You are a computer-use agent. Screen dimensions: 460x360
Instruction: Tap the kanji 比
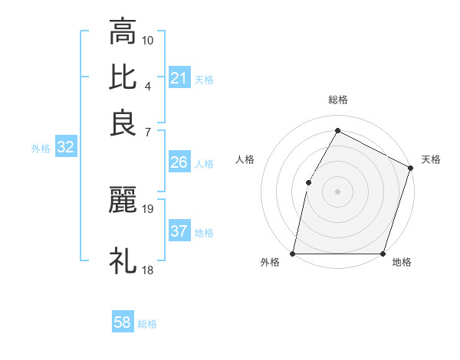[x=123, y=77]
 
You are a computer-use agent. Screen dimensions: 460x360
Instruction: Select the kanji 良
[x=123, y=123]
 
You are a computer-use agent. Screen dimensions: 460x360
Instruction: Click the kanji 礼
[x=123, y=261]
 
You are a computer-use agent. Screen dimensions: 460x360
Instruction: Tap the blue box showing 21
[x=179, y=78]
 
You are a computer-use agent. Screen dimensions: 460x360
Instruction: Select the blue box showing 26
[x=179, y=163]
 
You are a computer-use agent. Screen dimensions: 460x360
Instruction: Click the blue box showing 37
[x=179, y=231]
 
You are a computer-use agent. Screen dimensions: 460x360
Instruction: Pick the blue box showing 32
[x=65, y=149]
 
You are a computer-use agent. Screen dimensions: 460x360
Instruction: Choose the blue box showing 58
[x=123, y=323]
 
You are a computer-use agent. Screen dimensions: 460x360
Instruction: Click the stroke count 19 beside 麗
[x=148, y=208]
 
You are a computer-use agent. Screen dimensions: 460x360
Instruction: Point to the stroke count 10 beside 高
[x=148, y=39]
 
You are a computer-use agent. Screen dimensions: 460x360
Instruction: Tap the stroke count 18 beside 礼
[x=148, y=270]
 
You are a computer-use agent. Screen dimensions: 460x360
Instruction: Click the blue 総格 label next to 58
[x=147, y=324]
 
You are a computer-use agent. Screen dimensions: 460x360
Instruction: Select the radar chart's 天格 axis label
[x=431, y=159]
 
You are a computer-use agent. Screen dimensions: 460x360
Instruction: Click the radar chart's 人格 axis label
[x=245, y=159]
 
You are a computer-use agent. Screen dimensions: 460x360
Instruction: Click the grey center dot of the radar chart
[x=338, y=191]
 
